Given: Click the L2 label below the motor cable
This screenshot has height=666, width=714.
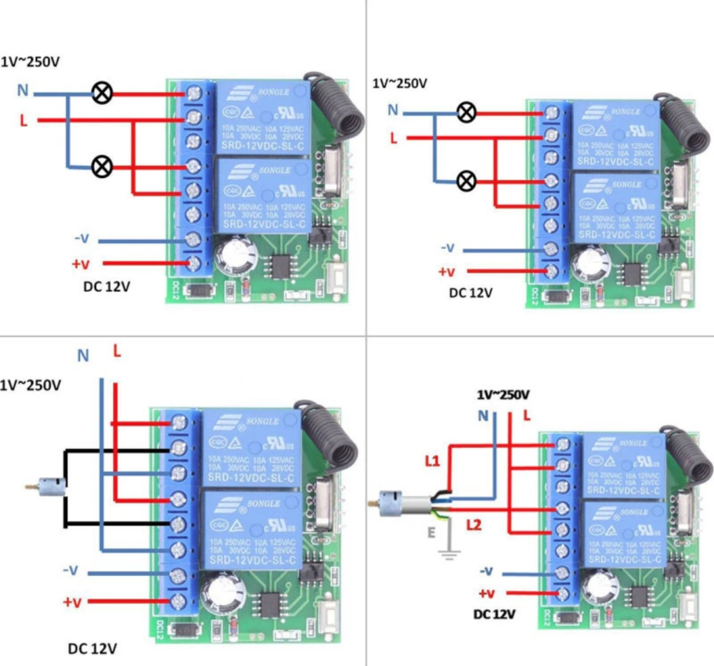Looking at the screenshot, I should click(x=473, y=524).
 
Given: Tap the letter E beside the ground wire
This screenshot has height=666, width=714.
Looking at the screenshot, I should click(x=432, y=531).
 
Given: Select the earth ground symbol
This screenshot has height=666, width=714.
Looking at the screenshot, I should click(x=451, y=553).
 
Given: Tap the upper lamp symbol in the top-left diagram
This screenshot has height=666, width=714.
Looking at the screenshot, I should click(x=102, y=93).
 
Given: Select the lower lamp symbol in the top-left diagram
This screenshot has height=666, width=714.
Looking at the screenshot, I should click(x=102, y=166).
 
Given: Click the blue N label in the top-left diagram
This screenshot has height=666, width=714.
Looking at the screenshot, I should click(x=23, y=90).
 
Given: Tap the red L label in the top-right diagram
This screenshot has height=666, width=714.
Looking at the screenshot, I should click(x=392, y=137).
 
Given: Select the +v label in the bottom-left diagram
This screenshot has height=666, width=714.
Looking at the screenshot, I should click(x=72, y=601).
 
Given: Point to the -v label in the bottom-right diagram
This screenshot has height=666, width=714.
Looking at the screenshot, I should click(x=487, y=571).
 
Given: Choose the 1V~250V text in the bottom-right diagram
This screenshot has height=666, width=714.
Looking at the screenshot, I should click(x=502, y=394).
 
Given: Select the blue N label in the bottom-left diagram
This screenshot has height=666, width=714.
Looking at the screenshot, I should click(x=82, y=355).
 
